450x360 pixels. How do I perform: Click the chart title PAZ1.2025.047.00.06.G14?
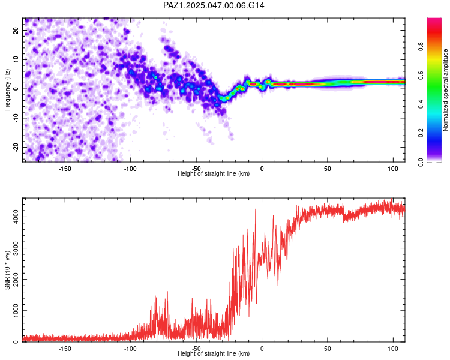click(x=214, y=5)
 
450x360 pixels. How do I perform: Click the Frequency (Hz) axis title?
click(x=7, y=90)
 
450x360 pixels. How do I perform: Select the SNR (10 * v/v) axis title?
click(x=7, y=270)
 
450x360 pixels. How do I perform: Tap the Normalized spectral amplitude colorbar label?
click(x=445, y=90)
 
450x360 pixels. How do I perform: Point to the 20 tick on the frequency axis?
click(x=16, y=30)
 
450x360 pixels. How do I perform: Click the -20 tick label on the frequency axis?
click(x=16, y=147)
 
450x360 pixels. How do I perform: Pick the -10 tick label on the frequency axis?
click(x=16, y=118)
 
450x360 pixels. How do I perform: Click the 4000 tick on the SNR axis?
click(x=16, y=217)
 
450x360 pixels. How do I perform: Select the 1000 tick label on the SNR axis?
click(x=16, y=311)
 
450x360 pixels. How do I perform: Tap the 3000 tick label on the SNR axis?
click(x=16, y=248)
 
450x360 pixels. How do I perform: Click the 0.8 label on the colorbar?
click(x=421, y=47)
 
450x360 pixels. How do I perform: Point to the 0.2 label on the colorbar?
click(x=421, y=133)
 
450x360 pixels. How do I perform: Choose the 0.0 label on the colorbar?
click(x=421, y=162)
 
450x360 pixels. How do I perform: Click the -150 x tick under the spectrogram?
click(x=65, y=169)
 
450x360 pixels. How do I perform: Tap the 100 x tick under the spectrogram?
click(x=393, y=169)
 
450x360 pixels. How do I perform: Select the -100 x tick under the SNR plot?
click(x=131, y=349)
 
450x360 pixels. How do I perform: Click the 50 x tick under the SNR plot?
click(x=328, y=349)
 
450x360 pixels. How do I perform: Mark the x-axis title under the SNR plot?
click(x=214, y=353)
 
